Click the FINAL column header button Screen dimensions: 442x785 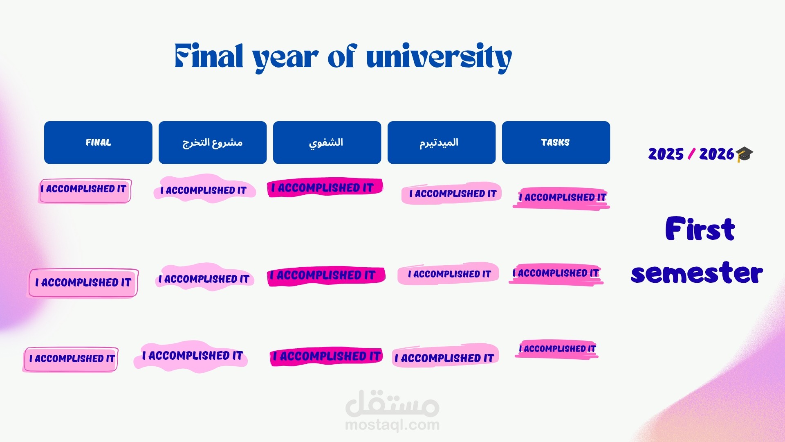tap(98, 142)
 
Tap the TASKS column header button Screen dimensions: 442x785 tap(556, 142)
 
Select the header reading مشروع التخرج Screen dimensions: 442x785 tap(213, 142)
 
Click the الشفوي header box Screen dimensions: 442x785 tap(327, 142)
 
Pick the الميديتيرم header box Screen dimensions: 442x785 tap(441, 142)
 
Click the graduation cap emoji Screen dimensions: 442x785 tap(744, 154)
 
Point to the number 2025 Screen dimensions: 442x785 tap(666, 154)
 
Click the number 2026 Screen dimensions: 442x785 tap(716, 154)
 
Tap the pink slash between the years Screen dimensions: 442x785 tap(691, 154)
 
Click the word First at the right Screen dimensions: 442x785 tap(700, 229)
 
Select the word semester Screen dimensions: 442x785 tap(697, 273)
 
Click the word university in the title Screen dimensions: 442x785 tap(439, 57)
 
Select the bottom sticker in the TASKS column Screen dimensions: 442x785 tap(557, 349)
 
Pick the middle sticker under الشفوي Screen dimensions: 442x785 tap(326, 275)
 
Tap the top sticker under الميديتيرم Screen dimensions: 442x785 tap(451, 193)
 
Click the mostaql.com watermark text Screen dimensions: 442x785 tap(392, 425)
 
